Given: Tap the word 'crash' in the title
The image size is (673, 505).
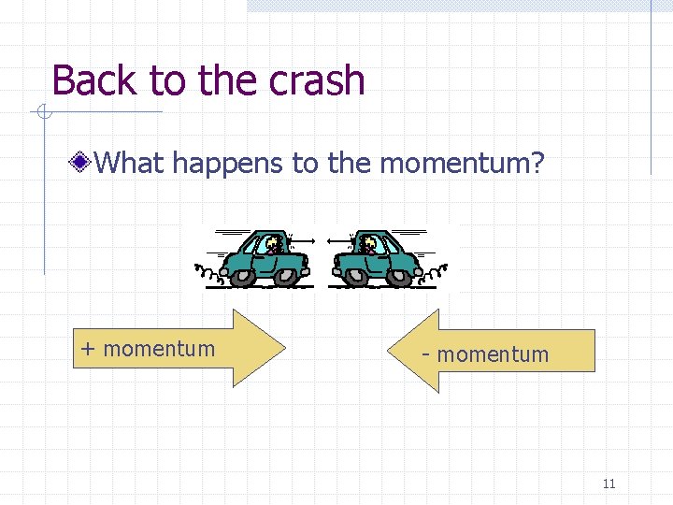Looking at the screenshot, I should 316,80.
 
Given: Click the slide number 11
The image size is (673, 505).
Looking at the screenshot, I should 609,483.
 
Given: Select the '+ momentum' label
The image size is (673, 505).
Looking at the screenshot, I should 148,349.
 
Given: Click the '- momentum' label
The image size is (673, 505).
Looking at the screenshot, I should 485,354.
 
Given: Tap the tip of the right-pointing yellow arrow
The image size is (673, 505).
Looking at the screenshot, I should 284,348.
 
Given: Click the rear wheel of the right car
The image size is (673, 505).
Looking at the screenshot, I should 400,275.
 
